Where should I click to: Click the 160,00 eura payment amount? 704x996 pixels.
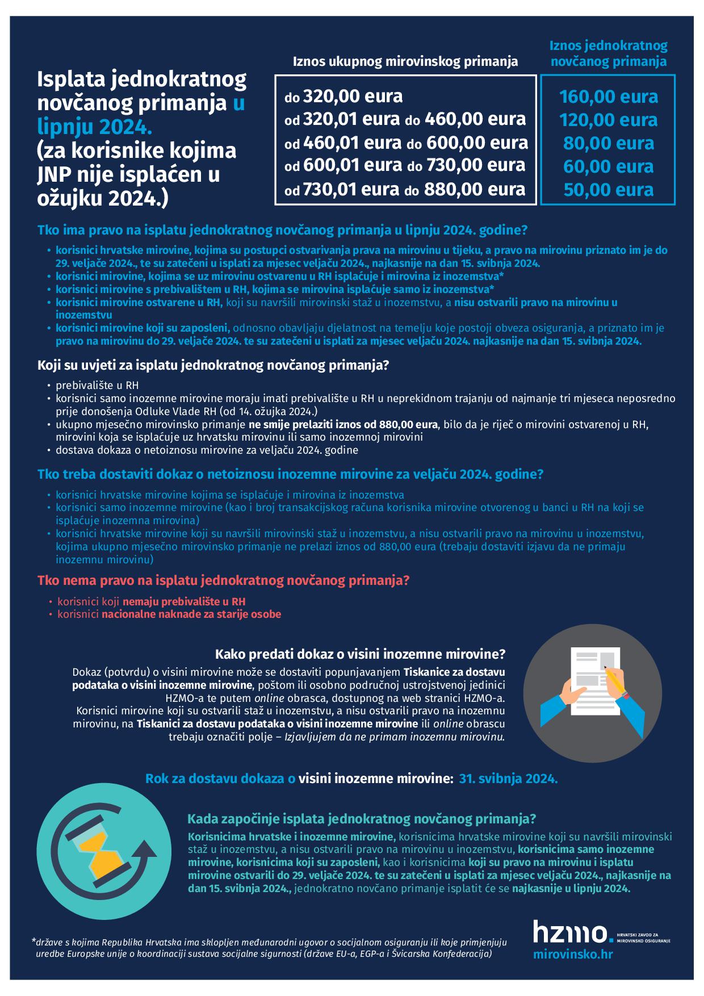pos(608,97)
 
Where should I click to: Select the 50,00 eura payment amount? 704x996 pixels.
pos(608,190)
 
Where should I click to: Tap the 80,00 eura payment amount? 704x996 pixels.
pos(608,143)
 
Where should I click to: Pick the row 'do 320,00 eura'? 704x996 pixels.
pos(343,97)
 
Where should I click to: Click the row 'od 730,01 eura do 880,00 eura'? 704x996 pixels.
pos(405,189)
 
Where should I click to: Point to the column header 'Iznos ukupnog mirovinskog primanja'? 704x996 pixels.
pos(405,61)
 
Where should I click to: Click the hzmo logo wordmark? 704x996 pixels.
pos(569,933)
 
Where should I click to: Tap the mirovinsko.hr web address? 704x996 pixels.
pos(573,955)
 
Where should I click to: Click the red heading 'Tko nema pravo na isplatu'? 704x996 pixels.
pos(223,581)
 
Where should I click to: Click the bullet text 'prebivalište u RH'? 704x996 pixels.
pos(97,386)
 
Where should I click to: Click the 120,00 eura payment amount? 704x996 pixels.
pos(608,120)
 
